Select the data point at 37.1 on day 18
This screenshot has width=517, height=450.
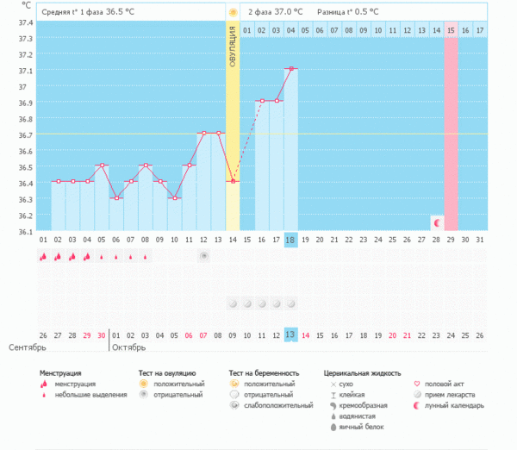(x=291, y=68)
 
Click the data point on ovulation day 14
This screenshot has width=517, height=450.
(x=233, y=181)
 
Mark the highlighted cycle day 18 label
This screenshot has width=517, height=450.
(x=291, y=240)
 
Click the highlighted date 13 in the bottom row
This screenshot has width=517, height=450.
(x=291, y=335)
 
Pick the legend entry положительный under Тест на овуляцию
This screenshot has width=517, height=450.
(x=178, y=384)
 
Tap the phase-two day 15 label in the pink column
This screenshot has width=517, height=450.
(x=451, y=31)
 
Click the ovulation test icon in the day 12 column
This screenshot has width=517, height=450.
(x=203, y=256)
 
